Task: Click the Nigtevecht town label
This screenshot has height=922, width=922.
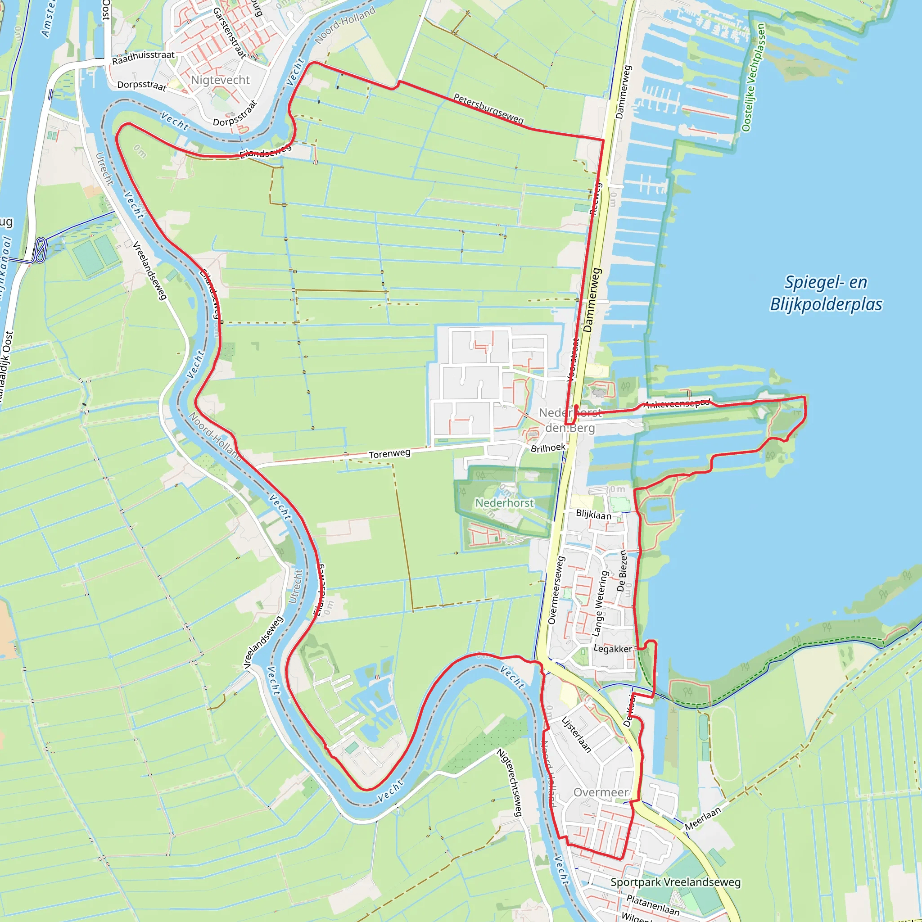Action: pos(220,80)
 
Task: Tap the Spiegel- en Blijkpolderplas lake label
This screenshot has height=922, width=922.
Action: pos(826,293)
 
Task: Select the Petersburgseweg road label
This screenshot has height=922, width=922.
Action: pos(488,108)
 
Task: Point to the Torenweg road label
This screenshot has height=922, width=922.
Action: pos(389,453)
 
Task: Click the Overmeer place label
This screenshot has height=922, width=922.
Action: pos(601,792)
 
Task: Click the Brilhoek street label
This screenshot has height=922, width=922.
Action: pos(548,447)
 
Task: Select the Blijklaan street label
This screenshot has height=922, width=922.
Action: pos(593,515)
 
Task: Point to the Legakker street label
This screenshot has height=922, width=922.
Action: pos(613,649)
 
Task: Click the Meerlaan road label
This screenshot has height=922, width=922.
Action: pos(702,819)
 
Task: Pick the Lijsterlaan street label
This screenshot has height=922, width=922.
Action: pos(576,734)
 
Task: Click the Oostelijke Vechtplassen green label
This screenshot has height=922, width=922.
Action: pos(754,77)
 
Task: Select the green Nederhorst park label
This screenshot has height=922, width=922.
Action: pos(504,503)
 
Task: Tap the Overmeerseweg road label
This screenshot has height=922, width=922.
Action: pos(556,590)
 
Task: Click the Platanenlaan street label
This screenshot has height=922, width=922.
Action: pos(652,905)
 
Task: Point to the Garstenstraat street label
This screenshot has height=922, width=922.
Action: pos(229,32)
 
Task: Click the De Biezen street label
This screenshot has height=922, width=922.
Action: pos(622,571)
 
